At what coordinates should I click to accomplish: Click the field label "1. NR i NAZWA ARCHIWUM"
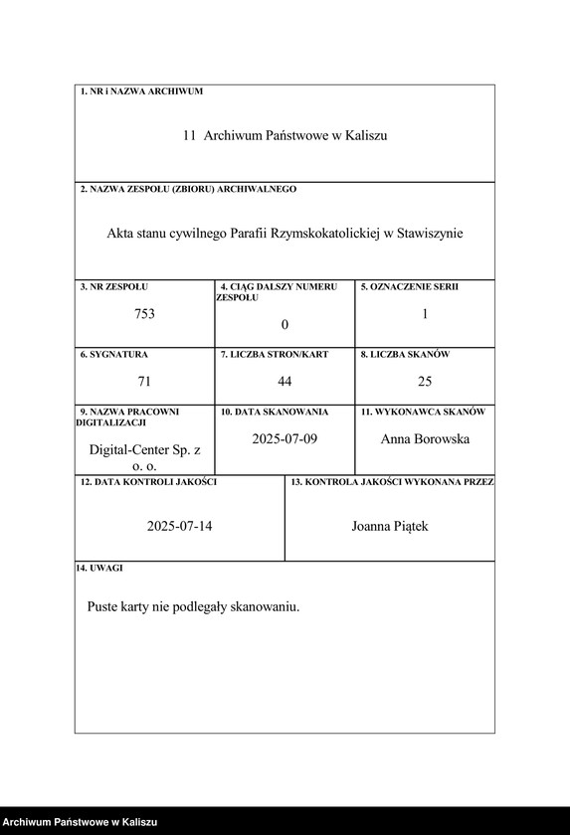(x=140, y=91)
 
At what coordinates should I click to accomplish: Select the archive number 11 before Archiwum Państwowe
(x=189, y=135)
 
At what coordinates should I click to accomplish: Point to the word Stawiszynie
(x=430, y=234)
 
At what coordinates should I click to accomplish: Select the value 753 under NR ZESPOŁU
(x=144, y=314)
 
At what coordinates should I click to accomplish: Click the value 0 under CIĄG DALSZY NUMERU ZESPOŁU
(x=285, y=325)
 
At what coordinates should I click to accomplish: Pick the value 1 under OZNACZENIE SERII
(x=425, y=314)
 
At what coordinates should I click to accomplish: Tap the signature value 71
(x=144, y=381)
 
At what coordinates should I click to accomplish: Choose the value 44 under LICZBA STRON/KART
(x=285, y=381)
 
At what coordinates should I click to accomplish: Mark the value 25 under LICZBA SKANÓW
(x=425, y=381)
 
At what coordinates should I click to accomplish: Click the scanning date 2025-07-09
(x=285, y=438)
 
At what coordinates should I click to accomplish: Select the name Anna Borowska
(x=425, y=438)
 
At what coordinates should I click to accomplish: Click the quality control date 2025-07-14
(x=179, y=526)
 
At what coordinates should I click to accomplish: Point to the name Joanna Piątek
(x=390, y=526)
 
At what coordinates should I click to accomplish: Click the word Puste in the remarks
(x=103, y=605)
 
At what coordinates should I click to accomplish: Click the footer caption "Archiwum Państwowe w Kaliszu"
(x=80, y=822)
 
